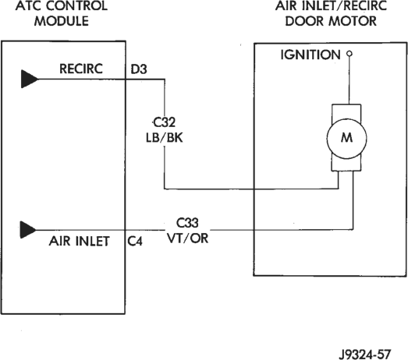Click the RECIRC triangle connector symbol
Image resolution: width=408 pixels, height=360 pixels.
[x=29, y=79]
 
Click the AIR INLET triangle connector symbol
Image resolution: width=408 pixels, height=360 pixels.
[x=28, y=230]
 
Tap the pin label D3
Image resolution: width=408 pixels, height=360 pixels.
[x=139, y=69]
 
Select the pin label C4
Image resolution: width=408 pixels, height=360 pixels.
[x=135, y=242]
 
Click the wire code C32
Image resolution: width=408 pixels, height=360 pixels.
[x=164, y=122]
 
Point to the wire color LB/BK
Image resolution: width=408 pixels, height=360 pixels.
[x=164, y=137]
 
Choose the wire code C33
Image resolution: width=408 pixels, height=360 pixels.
[x=187, y=223]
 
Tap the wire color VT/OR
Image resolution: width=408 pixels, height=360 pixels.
[x=187, y=238]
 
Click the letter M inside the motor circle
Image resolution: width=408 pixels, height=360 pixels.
[x=346, y=137]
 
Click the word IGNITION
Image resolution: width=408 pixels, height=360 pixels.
[x=310, y=55]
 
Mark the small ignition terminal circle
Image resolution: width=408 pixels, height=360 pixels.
[x=349, y=54]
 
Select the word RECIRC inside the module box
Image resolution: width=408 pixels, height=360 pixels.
[x=81, y=69]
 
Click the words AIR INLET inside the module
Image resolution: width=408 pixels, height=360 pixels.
[x=79, y=242]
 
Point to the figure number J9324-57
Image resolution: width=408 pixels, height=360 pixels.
[x=365, y=354]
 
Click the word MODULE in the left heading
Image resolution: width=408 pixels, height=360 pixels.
[x=62, y=21]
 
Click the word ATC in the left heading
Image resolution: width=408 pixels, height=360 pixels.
[x=27, y=5]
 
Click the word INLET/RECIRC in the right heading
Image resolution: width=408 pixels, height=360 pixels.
[x=342, y=5]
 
